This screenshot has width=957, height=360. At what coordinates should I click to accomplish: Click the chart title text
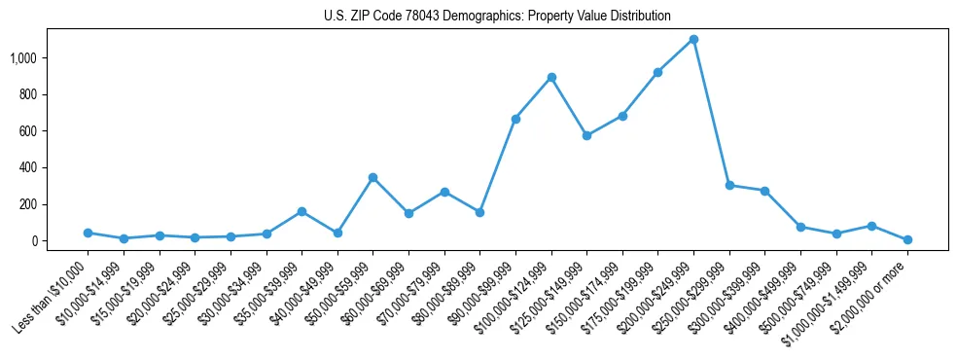497,16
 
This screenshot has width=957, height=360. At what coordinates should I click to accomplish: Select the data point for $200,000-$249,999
693,39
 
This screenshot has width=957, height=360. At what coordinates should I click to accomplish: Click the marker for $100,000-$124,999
551,77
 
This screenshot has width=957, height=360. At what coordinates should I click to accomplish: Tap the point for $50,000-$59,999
372,177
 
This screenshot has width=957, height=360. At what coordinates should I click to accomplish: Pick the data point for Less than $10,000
88,233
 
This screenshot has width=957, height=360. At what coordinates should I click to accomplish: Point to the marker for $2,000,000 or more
907,239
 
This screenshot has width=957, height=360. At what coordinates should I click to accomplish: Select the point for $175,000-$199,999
657,72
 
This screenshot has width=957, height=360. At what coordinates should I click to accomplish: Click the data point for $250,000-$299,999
729,185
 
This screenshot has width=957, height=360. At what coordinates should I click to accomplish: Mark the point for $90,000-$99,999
515,119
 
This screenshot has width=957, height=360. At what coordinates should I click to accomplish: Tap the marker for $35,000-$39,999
301,211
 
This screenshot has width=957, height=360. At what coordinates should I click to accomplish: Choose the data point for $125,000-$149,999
586,135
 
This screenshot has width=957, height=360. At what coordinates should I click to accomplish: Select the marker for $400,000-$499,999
800,227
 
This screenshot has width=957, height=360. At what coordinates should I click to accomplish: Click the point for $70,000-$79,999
443,192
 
